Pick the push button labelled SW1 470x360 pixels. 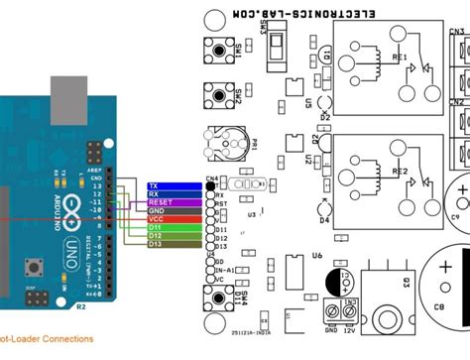[216, 48]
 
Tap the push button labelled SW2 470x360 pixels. [216, 95]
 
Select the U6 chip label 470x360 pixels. [317, 255]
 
